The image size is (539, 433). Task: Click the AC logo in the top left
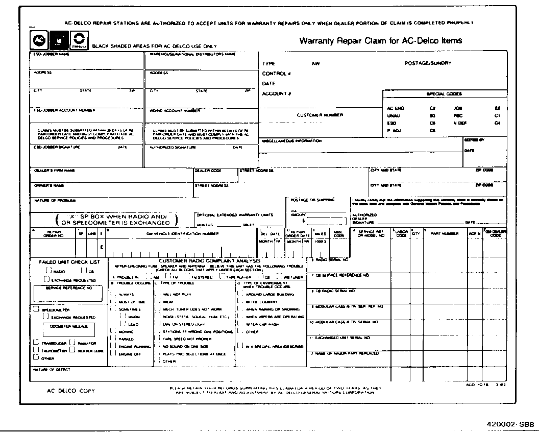click(38, 40)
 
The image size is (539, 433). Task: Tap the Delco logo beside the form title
click(79, 40)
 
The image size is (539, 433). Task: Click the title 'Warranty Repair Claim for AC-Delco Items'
click(381, 41)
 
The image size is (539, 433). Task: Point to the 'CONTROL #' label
click(276, 74)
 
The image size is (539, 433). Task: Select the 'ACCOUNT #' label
click(276, 93)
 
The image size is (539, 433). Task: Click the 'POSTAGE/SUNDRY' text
click(428, 63)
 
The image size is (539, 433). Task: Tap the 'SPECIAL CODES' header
click(444, 94)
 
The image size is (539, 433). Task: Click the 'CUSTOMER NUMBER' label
click(320, 115)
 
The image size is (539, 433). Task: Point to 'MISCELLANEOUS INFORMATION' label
click(291, 140)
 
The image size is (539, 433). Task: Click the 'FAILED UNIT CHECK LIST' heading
click(70, 262)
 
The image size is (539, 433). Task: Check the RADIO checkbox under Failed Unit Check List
click(49, 271)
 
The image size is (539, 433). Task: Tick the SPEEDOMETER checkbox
click(36, 309)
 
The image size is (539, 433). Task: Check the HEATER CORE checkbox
click(73, 350)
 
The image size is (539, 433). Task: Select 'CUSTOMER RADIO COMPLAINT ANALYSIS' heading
click(209, 260)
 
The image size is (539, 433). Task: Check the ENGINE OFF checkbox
click(112, 354)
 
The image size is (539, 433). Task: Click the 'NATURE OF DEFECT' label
click(52, 369)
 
